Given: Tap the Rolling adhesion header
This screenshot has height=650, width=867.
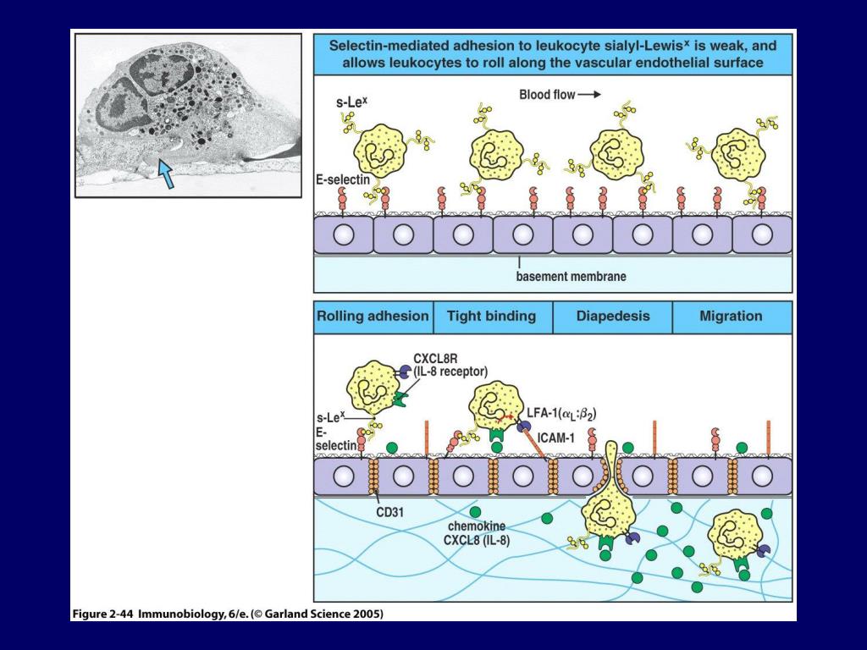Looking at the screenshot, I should coord(373,317).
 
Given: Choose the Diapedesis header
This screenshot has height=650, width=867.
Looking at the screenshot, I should coord(613,317).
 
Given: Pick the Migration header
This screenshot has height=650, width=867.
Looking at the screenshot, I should coord(731,317).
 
